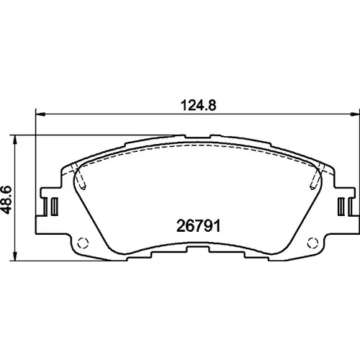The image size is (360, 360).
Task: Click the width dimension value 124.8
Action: (x=198, y=105)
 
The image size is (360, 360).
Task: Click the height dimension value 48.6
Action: (x=6, y=199)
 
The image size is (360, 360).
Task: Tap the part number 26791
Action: (x=198, y=226)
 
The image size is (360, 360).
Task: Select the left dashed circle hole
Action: (x=83, y=243)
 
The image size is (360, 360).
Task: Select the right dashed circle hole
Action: (x=313, y=243)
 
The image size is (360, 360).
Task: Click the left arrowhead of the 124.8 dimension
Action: (x=40, y=114)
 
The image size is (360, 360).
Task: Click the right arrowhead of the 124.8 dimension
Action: (x=355, y=114)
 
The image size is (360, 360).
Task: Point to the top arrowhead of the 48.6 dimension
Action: (x=15, y=140)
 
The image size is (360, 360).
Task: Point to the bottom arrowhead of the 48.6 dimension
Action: (x=15, y=256)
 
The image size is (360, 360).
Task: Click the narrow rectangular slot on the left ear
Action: (x=55, y=206)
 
